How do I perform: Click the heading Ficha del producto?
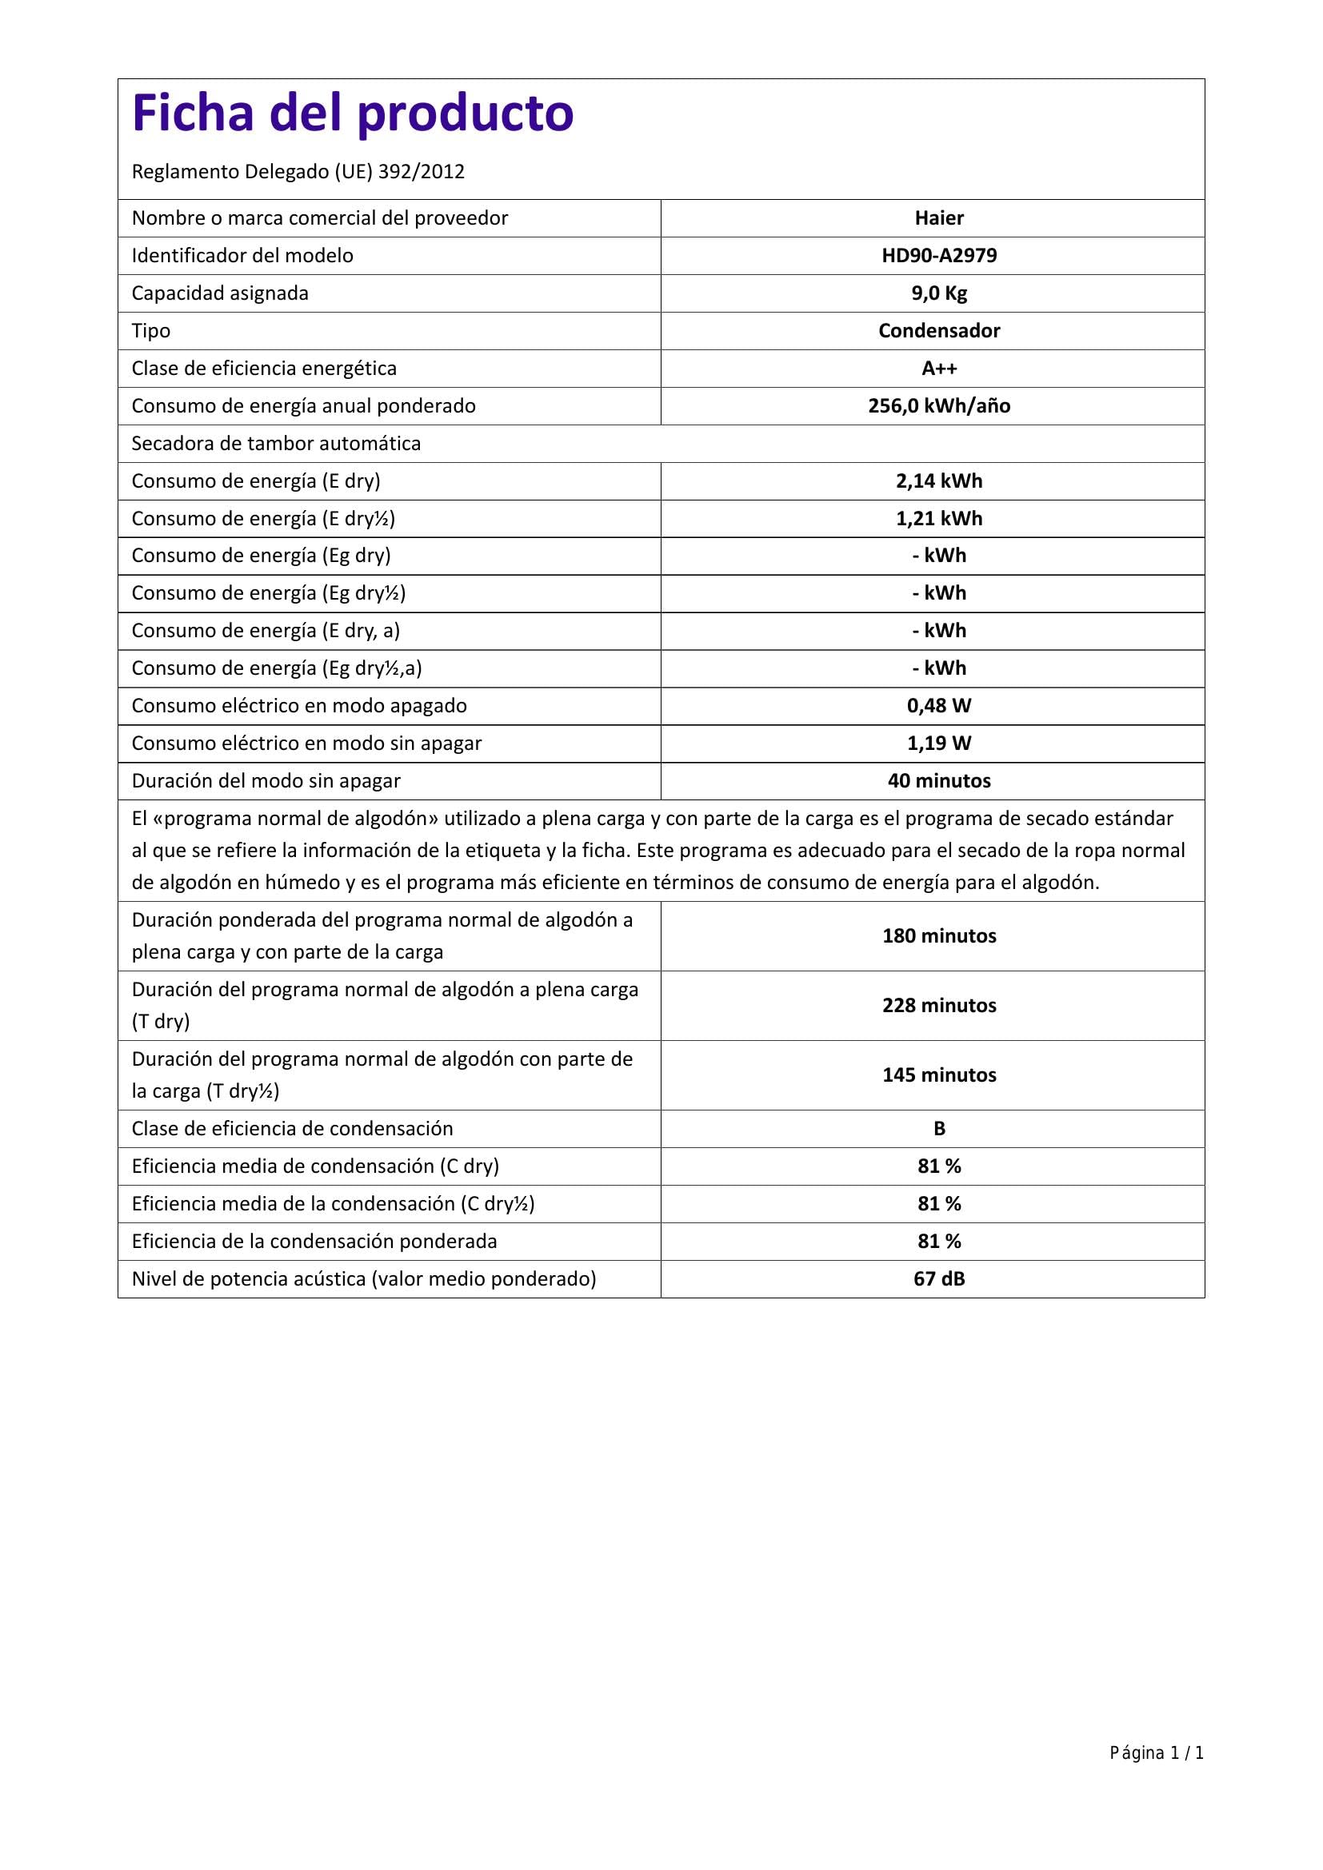(353, 113)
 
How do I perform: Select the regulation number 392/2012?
(422, 172)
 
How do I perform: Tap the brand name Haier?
(938, 218)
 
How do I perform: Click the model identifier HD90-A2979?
(938, 256)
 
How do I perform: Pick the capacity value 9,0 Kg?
(938, 293)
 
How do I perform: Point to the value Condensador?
(938, 331)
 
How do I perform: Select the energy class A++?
(938, 368)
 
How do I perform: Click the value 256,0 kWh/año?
(938, 405)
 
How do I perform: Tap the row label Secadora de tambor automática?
(276, 444)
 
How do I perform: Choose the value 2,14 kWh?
(938, 481)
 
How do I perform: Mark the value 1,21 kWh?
(938, 519)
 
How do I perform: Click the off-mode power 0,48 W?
(938, 706)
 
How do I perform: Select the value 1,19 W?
(938, 744)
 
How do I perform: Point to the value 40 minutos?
(938, 781)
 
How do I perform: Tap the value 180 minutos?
(938, 936)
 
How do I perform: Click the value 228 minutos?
(938, 1006)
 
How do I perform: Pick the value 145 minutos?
(938, 1075)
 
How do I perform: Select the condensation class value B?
(938, 1129)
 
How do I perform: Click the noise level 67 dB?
(938, 1278)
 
